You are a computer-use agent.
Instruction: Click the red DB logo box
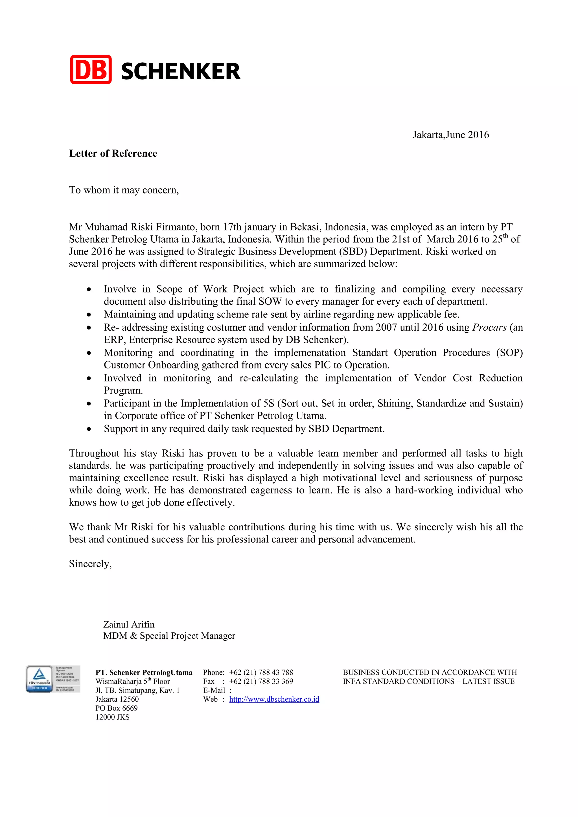[91, 70]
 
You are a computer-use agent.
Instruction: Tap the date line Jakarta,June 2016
[451, 135]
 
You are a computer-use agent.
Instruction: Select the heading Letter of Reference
[113, 153]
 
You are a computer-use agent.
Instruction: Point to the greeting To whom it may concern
[124, 190]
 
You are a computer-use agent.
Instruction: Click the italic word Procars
[489, 327]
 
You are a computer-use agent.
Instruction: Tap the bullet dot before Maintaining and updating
[89, 315]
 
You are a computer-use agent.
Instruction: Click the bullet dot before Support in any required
[89, 429]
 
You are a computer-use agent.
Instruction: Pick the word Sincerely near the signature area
[90, 564]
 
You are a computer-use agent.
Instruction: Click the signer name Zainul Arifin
[128, 625]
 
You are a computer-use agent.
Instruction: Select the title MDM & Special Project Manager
[169, 636]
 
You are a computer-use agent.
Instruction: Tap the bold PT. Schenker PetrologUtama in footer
[144, 673]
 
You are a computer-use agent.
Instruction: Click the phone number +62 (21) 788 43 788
[261, 673]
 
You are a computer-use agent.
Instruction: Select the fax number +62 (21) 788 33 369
[261, 681]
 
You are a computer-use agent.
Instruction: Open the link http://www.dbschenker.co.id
[274, 699]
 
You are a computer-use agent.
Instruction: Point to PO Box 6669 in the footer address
[116, 708]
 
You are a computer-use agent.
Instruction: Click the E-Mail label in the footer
[214, 690]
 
